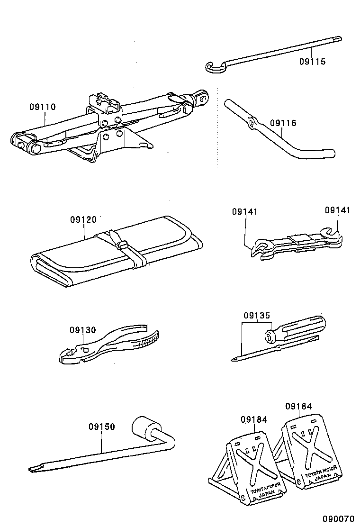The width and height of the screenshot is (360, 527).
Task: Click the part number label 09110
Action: (42, 107)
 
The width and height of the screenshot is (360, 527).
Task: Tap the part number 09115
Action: (312, 61)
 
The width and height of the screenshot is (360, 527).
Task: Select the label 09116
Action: (283, 123)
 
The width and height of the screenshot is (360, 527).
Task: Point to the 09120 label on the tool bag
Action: (83, 219)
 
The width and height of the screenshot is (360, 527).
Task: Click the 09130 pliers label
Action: (82, 330)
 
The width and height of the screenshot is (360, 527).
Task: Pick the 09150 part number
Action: (101, 427)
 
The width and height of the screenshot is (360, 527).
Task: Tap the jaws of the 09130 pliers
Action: (68, 355)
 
